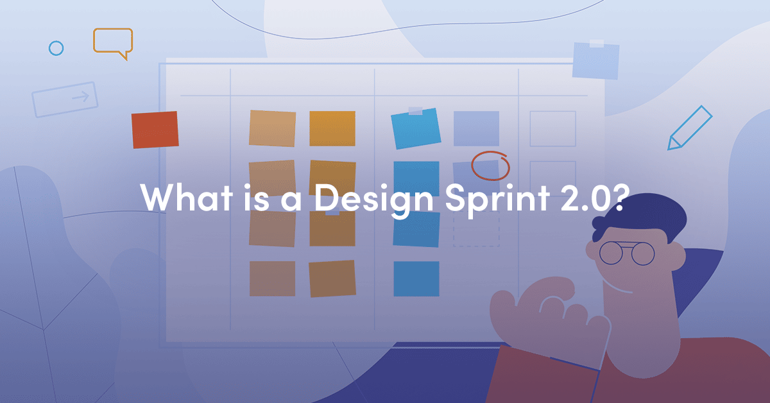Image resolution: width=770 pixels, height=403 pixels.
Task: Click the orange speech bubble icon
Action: coord(113,42)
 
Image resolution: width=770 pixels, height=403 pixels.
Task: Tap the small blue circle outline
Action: coord(56,48)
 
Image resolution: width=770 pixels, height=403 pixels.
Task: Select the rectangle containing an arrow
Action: coord(65,99)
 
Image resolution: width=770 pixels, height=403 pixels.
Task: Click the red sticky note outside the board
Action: coord(155,130)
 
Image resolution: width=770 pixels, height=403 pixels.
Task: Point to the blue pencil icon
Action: coord(690,128)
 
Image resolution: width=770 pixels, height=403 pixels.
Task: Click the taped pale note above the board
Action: coord(595,60)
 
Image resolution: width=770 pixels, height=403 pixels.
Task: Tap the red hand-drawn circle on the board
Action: coord(490,166)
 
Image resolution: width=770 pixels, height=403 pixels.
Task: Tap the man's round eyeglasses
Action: coord(626,253)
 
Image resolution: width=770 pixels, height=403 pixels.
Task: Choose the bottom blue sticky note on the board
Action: coord(416,279)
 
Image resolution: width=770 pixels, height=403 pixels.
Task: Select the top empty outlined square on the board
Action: coord(552,128)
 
